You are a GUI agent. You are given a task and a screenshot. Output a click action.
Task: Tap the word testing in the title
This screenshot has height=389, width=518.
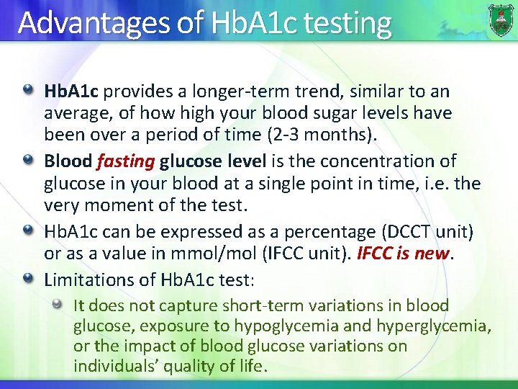[347, 23]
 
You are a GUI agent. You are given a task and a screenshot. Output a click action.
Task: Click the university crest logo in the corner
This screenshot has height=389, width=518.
[501, 19]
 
